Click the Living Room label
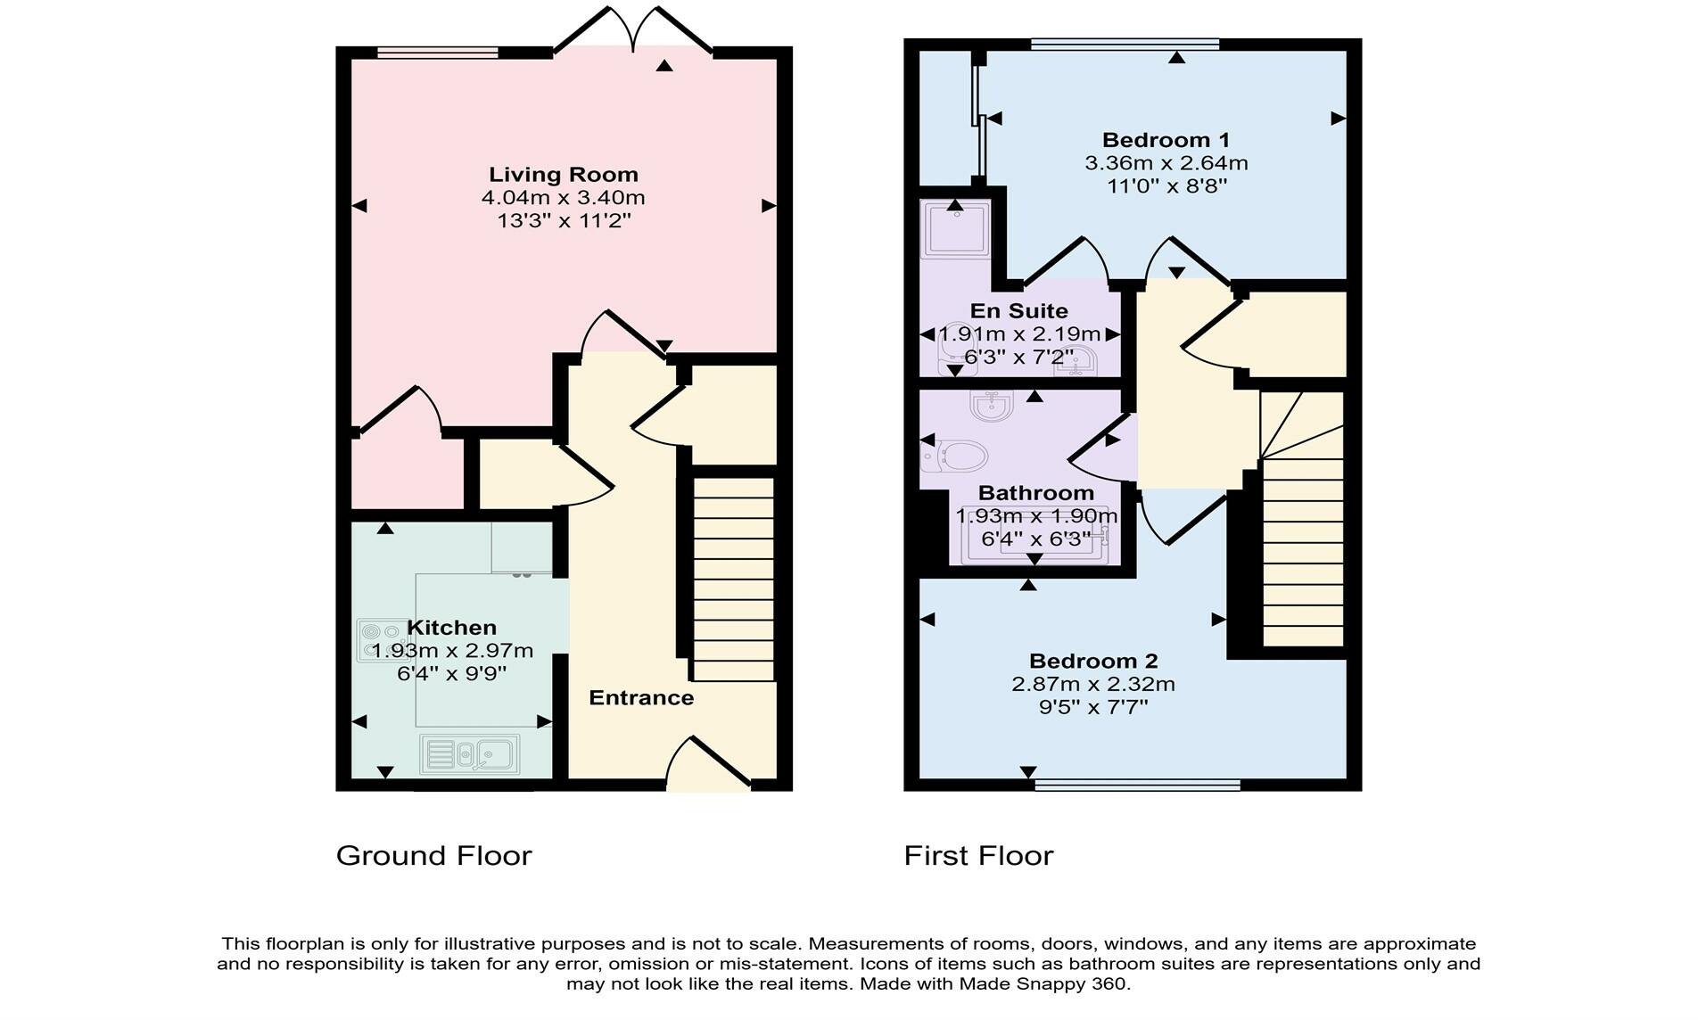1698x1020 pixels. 563,175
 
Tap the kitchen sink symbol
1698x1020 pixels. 469,754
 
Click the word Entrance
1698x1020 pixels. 641,698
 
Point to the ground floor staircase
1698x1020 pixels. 733,580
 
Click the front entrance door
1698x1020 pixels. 709,765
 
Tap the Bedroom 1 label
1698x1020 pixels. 1166,140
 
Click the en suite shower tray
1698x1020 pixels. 955,229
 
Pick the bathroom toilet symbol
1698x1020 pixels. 954,457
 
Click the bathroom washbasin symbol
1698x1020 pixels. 991,407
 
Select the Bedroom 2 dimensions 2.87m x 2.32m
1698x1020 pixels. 1092,685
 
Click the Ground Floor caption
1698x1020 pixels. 433,856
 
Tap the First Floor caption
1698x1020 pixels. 978,856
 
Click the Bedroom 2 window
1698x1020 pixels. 1137,785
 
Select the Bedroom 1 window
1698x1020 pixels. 1125,44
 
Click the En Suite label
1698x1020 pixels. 1018,311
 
